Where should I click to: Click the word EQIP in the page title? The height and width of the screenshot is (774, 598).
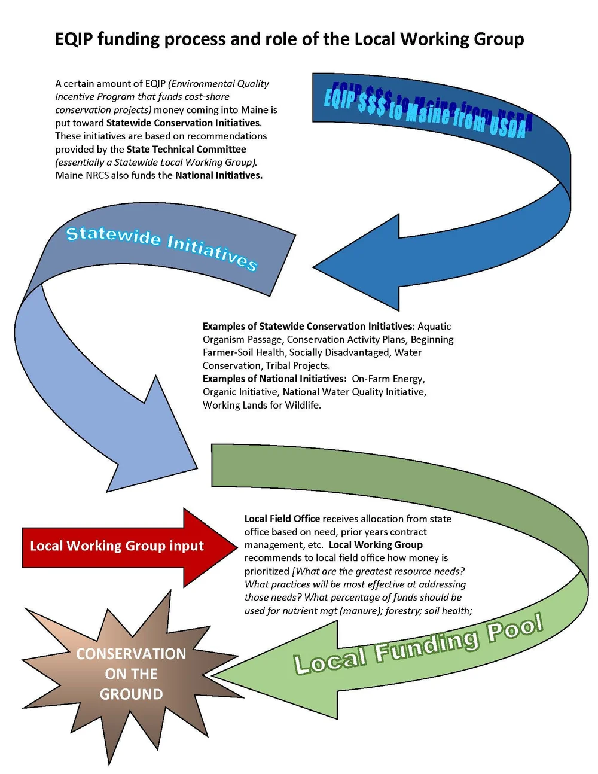(74, 39)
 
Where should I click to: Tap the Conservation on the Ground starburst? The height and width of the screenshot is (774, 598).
(131, 674)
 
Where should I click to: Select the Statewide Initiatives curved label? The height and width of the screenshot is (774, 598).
(161, 246)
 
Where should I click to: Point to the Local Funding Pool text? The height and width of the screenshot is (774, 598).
(418, 644)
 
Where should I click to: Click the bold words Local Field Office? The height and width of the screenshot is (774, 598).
(282, 519)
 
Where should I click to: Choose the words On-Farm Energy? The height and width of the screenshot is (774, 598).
(388, 379)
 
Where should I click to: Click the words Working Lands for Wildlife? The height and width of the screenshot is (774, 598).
(261, 405)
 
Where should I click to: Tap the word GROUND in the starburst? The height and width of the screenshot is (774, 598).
(131, 694)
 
